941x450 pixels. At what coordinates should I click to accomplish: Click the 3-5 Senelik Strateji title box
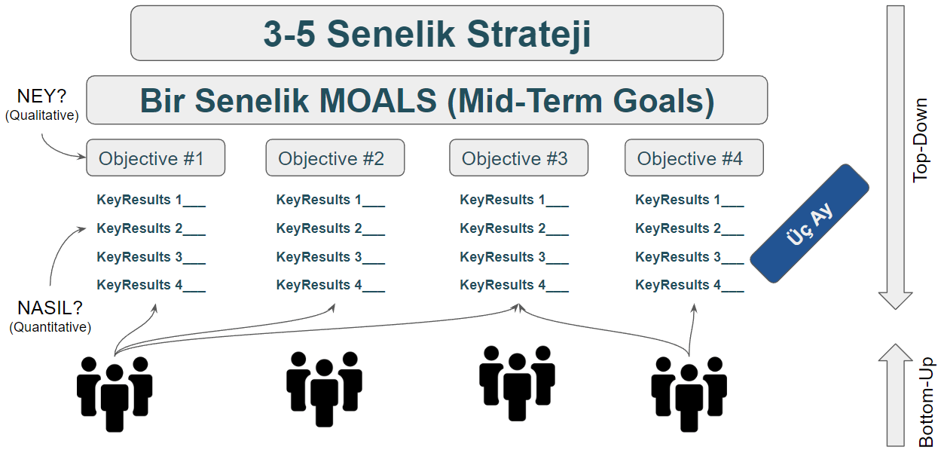(x=427, y=33)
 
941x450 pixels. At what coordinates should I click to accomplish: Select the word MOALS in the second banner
(x=377, y=101)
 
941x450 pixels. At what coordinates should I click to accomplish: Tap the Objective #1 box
(x=155, y=158)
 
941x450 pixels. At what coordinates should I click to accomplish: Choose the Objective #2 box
(x=335, y=158)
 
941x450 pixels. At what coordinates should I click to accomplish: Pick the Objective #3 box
(x=519, y=158)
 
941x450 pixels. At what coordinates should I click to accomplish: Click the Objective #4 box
(x=694, y=158)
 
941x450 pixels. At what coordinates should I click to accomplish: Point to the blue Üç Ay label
(x=809, y=224)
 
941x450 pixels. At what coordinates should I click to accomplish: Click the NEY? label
(x=41, y=96)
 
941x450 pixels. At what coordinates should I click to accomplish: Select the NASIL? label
(x=50, y=308)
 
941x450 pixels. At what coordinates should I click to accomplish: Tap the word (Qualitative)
(x=42, y=115)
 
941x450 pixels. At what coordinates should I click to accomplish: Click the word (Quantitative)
(x=50, y=327)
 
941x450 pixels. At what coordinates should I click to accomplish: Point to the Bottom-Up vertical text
(x=926, y=402)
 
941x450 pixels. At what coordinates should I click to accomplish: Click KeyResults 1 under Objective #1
(x=151, y=200)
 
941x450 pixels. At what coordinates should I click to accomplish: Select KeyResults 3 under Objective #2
(x=331, y=257)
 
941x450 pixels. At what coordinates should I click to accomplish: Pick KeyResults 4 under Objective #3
(x=514, y=285)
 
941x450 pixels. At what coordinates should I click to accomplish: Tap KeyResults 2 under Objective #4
(x=689, y=228)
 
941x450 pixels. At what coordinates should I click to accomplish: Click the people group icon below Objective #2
(x=324, y=389)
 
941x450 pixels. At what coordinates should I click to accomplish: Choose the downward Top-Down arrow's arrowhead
(x=895, y=300)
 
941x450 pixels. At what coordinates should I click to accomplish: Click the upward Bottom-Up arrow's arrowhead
(x=895, y=353)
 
